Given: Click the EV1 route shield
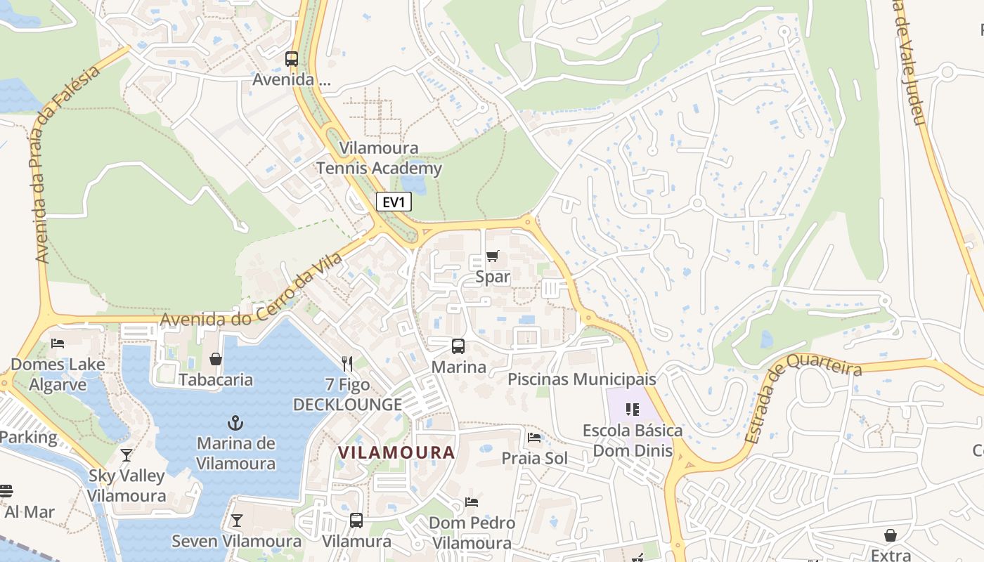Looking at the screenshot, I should pos(394,202).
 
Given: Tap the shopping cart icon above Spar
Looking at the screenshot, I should pos(492,256).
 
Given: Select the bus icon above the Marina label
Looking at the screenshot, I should pos(458,346).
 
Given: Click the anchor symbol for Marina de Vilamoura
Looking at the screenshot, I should pos(236,423).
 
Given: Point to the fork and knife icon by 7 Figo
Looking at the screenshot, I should pos(347,363).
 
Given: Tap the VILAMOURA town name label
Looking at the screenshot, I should pos(396,452).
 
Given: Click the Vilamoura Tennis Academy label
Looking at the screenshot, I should pos(379,158).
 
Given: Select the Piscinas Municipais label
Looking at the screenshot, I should pos(581,379).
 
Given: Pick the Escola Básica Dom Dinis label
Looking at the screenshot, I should pos(633,440).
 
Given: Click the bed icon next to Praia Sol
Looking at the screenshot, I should pos(534,438).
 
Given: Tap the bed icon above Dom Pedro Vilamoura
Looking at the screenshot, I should pos(472,502).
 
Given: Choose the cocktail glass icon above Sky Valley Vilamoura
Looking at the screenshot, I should pos(127,455).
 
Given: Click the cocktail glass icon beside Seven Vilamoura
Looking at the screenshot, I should pos(236,521).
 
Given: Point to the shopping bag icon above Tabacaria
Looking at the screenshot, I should pos(216,359).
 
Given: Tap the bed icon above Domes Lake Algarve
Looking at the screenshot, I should pos(58,344).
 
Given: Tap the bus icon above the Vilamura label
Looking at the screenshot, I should pos(356,521).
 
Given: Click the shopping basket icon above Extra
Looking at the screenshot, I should pos(891,536).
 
